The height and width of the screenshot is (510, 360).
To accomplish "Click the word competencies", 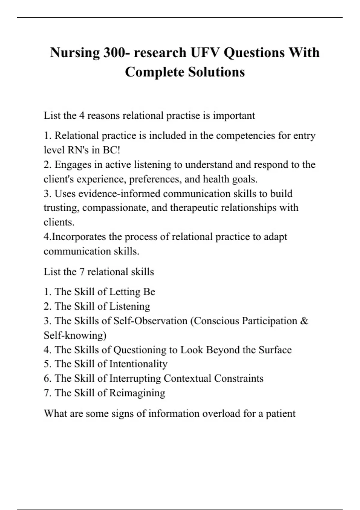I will coord(245,136).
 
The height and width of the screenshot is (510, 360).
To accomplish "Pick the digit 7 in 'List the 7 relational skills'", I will coord(82,272).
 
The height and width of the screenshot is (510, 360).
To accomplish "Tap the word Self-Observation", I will coord(150,321).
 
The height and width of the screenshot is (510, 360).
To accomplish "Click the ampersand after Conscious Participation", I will coord(304,321).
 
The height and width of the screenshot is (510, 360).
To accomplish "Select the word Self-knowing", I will coord(75,335).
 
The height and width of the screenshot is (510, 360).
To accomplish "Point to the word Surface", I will coord(275,350).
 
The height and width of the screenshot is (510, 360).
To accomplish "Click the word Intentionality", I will coord(138,364).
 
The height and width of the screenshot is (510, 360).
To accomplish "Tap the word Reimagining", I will coord(137,393).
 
